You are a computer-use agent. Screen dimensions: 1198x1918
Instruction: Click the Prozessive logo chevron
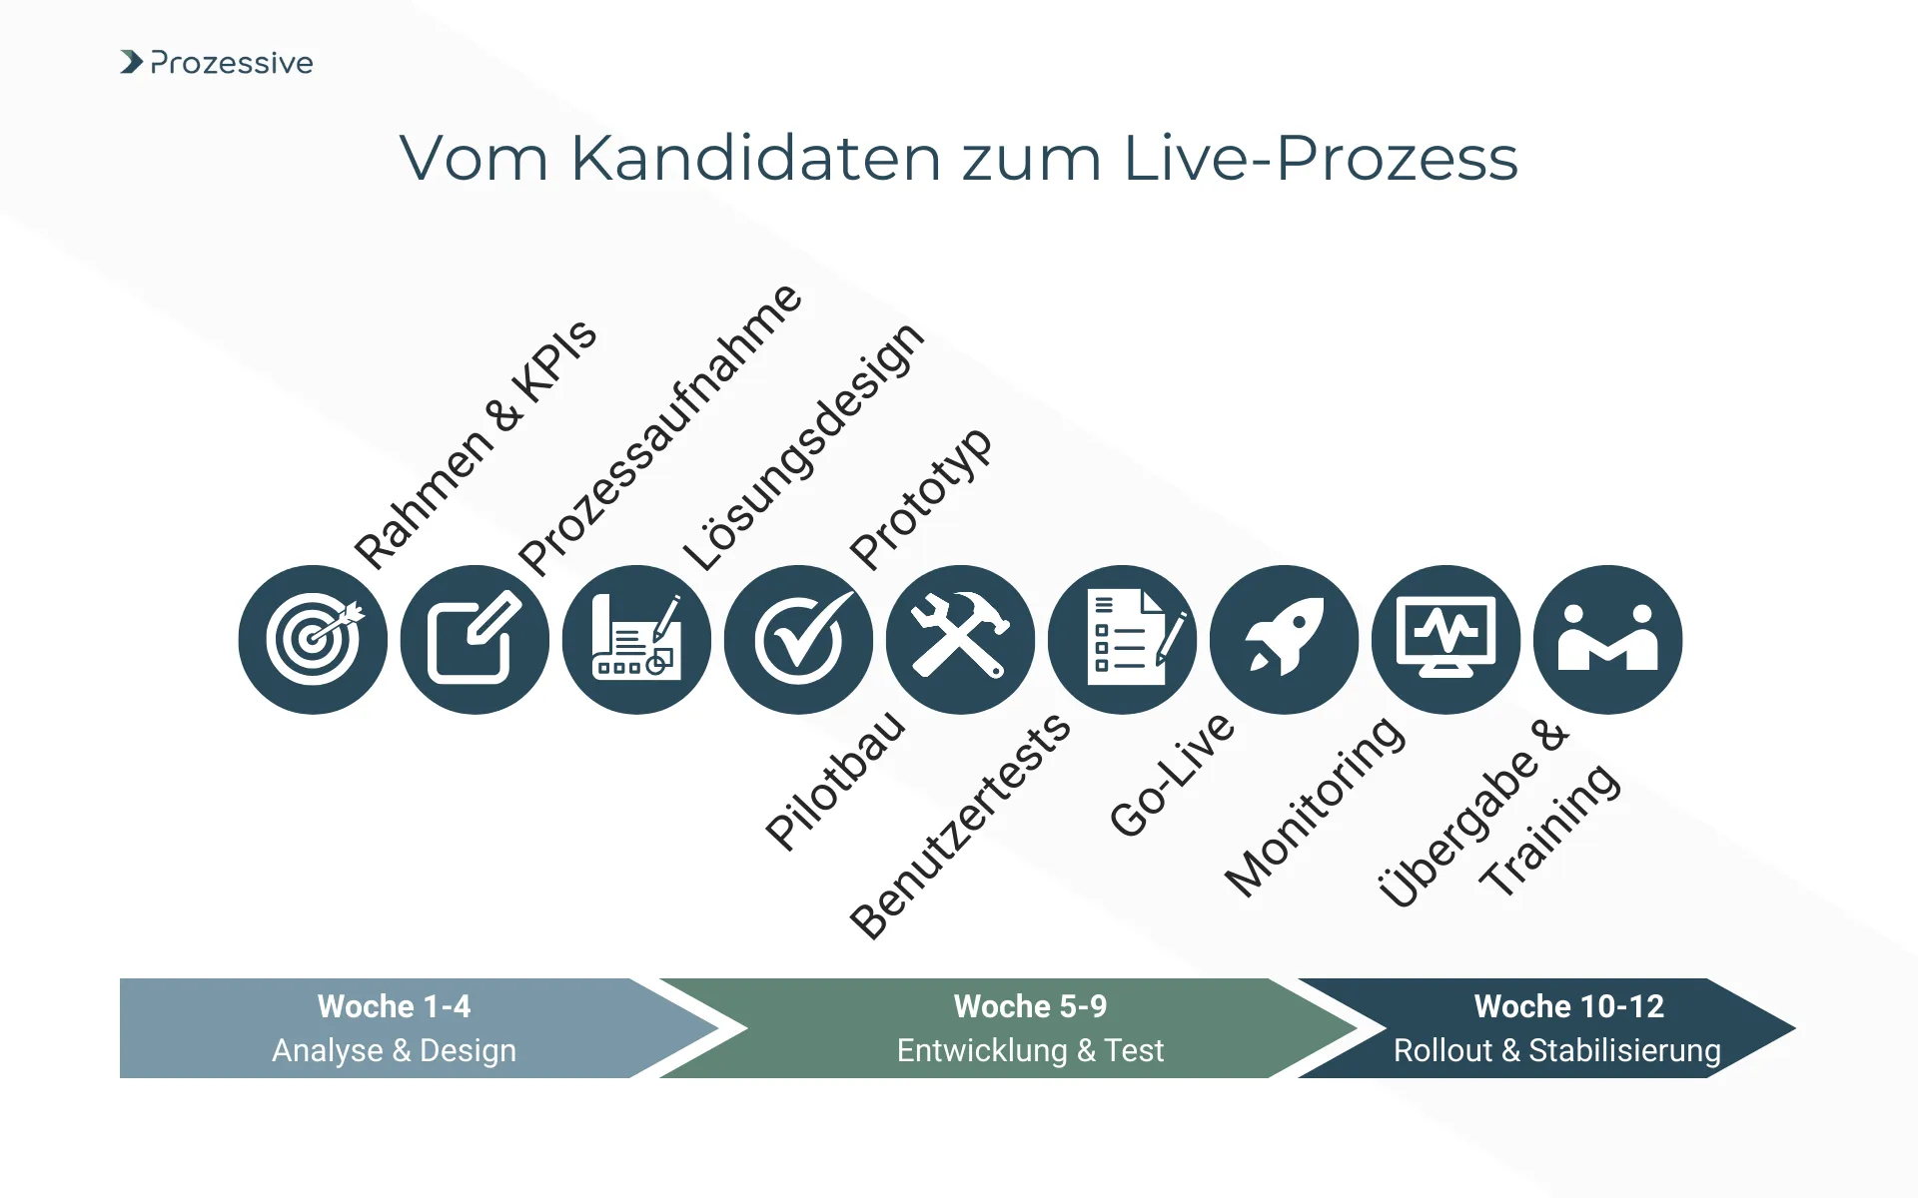point(131,62)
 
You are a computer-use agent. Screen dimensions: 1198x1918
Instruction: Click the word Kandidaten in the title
point(755,158)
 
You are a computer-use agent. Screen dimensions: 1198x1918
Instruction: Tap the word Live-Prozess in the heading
point(1320,158)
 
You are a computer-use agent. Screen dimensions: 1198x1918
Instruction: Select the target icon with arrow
point(313,640)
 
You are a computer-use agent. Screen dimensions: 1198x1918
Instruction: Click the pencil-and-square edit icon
point(475,640)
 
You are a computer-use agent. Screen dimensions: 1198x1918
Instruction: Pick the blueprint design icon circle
point(636,640)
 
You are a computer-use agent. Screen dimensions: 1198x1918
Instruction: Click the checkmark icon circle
point(798,640)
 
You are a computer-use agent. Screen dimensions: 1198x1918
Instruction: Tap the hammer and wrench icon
point(960,640)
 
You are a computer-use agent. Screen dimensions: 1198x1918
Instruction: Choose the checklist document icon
point(1123,640)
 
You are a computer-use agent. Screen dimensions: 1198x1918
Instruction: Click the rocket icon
point(1285,640)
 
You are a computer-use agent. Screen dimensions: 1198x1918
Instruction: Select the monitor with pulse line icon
point(1446,640)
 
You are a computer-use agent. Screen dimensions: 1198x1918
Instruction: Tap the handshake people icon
point(1608,640)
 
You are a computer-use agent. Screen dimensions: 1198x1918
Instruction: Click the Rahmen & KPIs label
point(476,444)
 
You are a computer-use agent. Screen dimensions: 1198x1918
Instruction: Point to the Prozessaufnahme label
point(660,429)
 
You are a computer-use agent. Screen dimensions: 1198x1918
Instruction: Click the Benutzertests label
point(960,826)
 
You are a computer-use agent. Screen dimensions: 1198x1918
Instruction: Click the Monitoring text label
point(1316,807)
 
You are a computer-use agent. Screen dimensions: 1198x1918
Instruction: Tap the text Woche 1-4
point(394,1006)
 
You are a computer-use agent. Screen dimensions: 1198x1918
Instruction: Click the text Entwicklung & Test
point(1030,1050)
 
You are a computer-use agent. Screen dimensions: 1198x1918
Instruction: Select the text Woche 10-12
point(1568,1006)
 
